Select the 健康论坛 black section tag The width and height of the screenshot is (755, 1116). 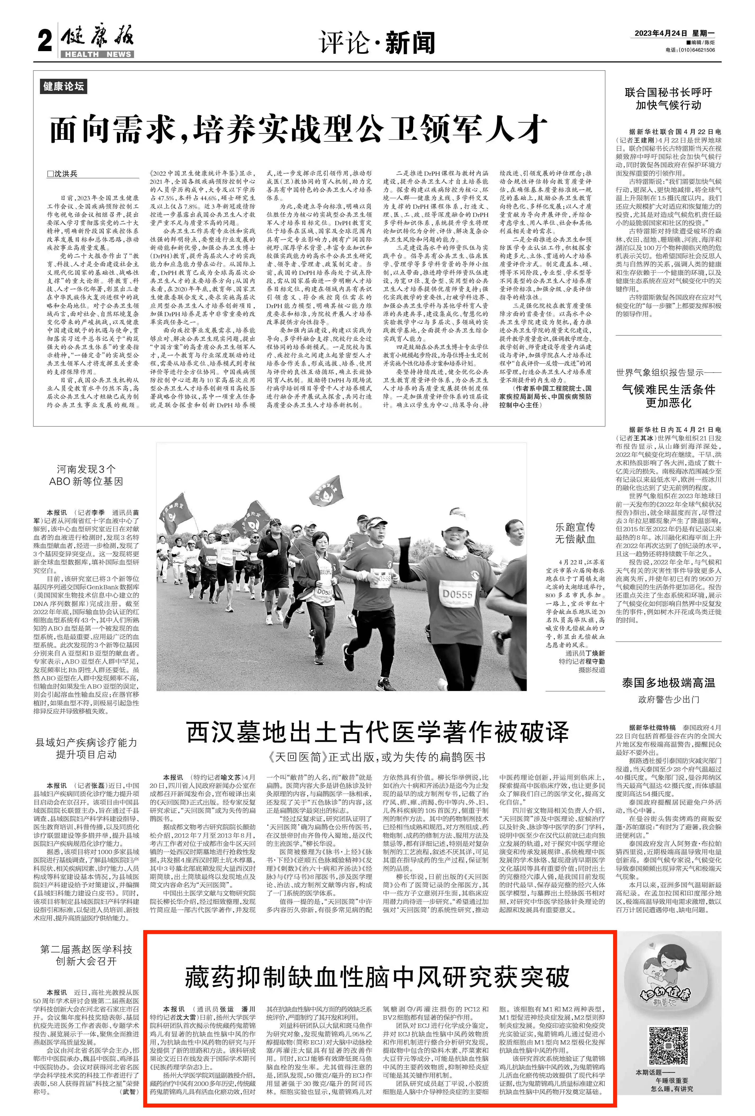[63, 86]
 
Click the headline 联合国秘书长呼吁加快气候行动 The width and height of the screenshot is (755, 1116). [668, 99]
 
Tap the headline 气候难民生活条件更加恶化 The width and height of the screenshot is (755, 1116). [668, 396]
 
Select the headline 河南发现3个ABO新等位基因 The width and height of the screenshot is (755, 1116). [86, 475]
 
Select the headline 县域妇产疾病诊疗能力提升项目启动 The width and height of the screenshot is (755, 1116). [86, 749]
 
